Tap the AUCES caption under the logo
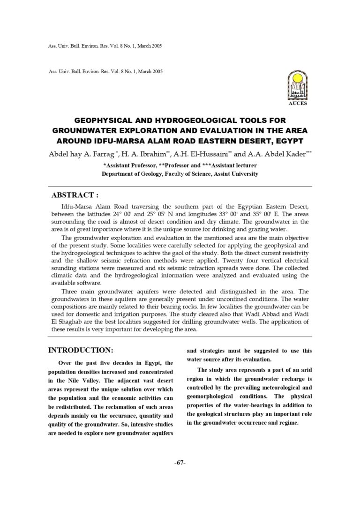pos(297,104)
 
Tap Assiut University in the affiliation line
pos(236,174)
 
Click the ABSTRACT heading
pos(75,195)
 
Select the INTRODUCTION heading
pos(81,350)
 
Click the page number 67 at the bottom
pos(180,463)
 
